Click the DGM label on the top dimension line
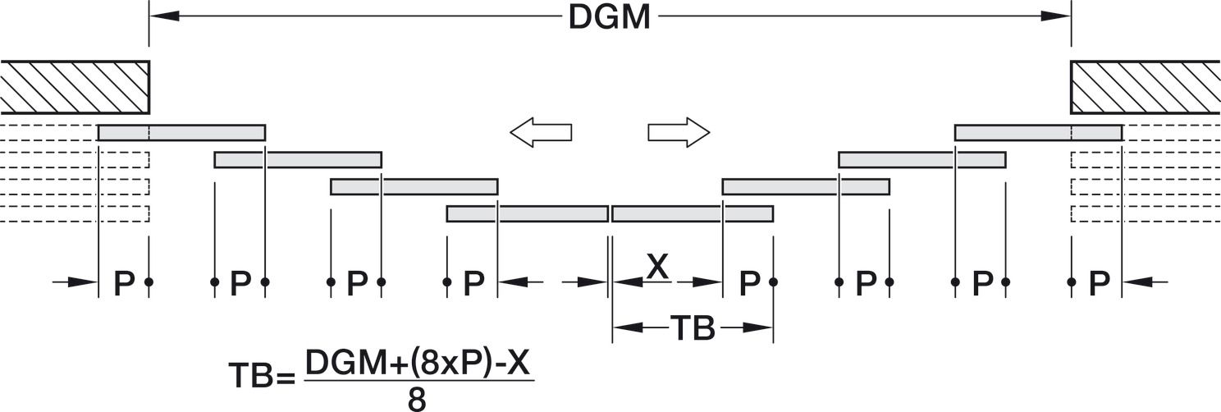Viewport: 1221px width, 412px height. [610, 17]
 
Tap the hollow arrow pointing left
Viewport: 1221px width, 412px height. [541, 132]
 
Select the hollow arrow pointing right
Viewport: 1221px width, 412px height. [679, 132]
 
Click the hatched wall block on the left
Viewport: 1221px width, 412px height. [75, 87]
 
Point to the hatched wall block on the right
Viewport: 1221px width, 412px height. [1146, 87]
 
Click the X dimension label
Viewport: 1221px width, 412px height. [658, 267]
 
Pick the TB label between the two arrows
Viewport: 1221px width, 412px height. [693, 328]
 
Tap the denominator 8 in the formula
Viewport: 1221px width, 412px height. [417, 400]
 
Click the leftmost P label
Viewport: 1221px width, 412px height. [124, 282]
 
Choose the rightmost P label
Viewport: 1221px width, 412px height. [1099, 282]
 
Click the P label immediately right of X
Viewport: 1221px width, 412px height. [749, 282]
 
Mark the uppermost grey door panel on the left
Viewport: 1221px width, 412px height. [181, 132]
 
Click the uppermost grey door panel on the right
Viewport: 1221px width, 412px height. [1038, 132]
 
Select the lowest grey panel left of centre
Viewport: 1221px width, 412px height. [528, 213]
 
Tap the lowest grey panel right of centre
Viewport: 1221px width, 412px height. [693, 213]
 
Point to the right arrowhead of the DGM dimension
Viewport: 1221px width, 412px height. [1056, 16]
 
